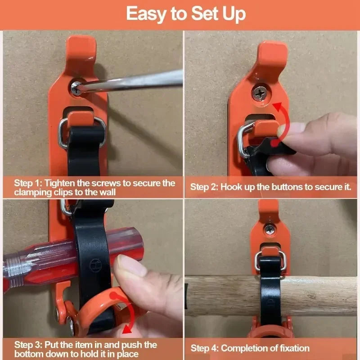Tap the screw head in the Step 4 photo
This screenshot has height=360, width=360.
270,228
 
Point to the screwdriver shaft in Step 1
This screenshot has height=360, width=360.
135,81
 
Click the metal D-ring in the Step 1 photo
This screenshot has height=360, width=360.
63,133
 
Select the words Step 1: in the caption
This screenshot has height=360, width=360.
29,183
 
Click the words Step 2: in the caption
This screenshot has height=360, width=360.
204,187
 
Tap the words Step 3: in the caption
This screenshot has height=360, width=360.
29,345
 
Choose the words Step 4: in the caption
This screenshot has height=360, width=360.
205,348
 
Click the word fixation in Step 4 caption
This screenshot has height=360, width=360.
294,348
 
